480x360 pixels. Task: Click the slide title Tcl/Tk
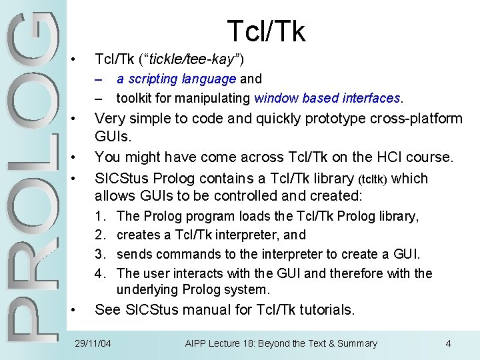pyautogui.click(x=266, y=31)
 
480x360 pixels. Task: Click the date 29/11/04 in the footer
pyautogui.click(x=93, y=343)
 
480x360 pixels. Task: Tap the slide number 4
pyautogui.click(x=448, y=343)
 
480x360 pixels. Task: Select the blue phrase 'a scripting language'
pyautogui.click(x=176, y=79)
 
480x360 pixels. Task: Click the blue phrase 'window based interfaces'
pyautogui.click(x=327, y=98)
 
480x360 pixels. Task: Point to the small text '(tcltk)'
pyautogui.click(x=380, y=179)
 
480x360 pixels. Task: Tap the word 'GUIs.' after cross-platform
pyautogui.click(x=114, y=136)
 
